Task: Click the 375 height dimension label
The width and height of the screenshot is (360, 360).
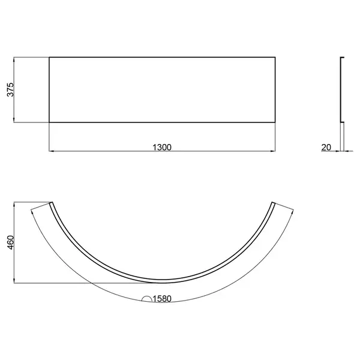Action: tap(11, 90)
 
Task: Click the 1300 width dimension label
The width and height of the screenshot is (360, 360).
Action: tap(162, 148)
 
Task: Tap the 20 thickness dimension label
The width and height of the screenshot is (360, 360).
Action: tap(326, 148)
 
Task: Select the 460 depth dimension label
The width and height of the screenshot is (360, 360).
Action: tap(11, 242)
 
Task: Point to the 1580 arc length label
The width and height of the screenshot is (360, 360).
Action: tap(162, 299)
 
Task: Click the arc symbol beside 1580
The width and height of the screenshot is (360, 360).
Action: tap(147, 298)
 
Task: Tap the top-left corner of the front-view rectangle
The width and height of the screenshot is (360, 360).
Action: tap(49, 57)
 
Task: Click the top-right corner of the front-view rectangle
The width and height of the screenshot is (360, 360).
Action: tap(275, 57)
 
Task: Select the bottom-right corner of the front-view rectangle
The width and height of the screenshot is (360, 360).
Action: tap(275, 122)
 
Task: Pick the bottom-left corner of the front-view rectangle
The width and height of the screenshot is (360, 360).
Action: tap(49, 122)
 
